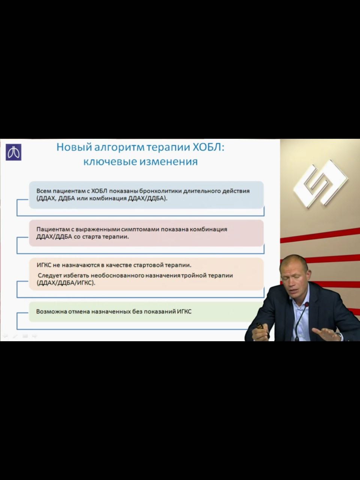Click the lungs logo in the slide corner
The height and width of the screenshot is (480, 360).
tap(13, 152)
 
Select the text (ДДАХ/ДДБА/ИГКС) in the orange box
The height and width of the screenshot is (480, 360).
tap(66, 283)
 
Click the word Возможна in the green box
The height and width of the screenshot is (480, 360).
tap(52, 311)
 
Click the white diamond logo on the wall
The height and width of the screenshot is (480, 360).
tap(320, 184)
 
